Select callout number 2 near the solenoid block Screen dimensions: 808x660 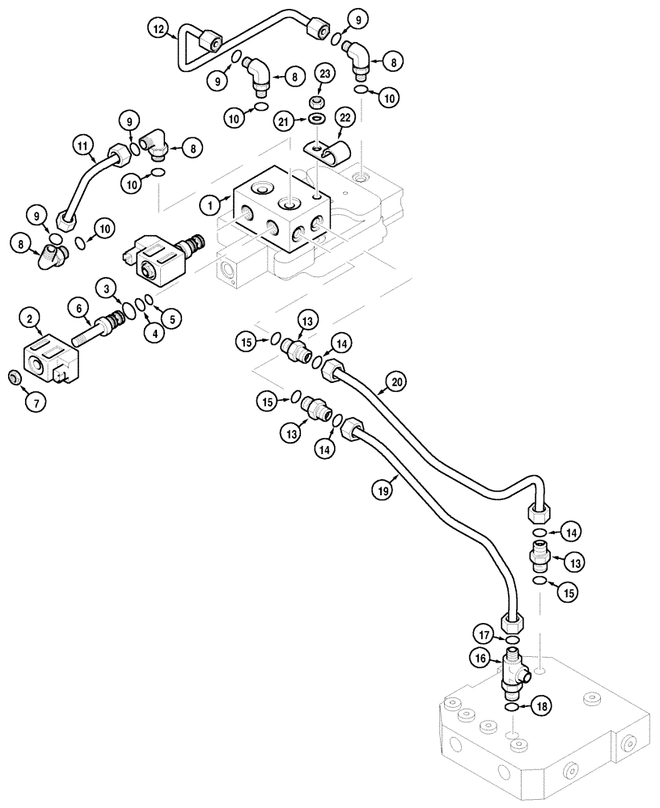pos(30,321)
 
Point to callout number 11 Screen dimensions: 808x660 pos(81,146)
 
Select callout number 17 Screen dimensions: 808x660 pos(482,633)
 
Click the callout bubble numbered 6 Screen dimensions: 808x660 pos(78,308)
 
